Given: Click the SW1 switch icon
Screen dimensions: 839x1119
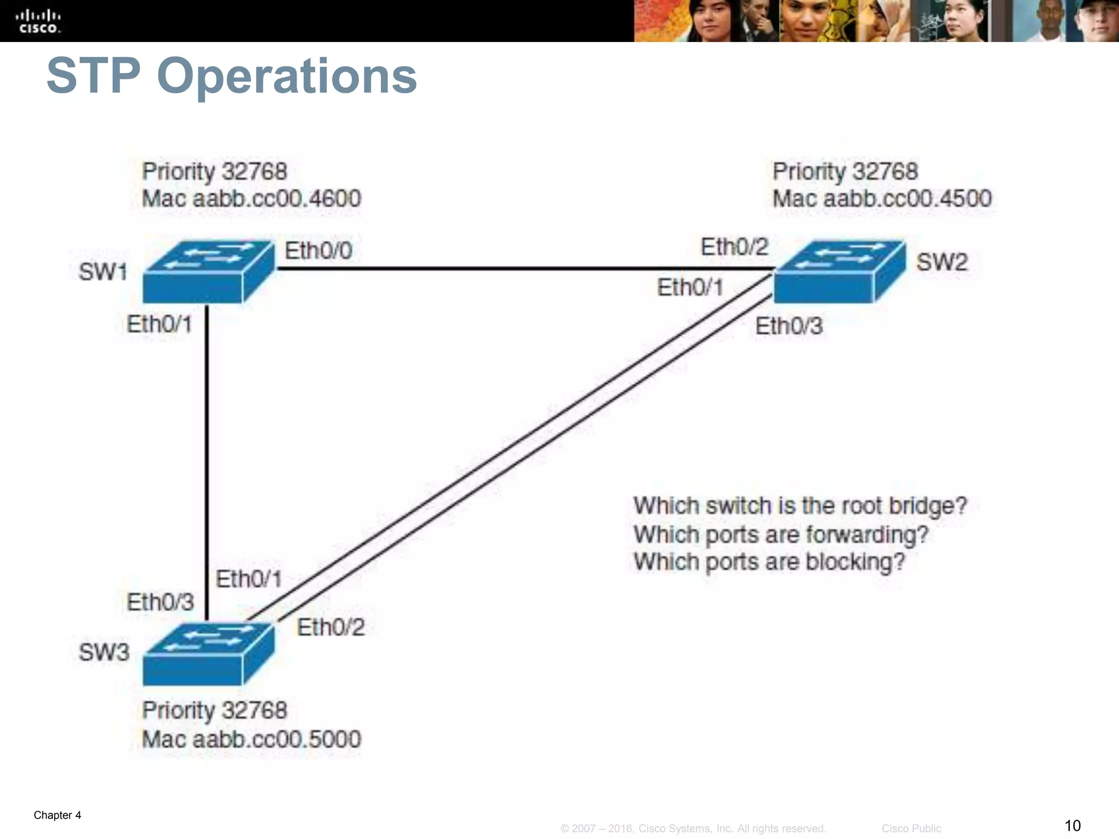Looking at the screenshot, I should [x=208, y=272].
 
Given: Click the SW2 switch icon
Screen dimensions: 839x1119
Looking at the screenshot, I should [x=839, y=271].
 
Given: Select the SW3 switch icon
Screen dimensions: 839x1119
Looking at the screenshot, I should [x=208, y=654].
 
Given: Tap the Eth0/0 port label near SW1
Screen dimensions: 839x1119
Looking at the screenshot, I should [x=319, y=251].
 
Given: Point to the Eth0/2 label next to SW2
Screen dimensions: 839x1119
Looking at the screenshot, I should [x=734, y=247].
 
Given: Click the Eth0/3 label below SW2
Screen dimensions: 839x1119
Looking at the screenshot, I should [x=788, y=326].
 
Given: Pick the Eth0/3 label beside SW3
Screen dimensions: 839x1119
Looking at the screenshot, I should [x=160, y=602].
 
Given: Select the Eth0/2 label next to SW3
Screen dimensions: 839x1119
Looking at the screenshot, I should [x=331, y=627].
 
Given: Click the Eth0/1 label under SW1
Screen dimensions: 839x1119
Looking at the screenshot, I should [x=159, y=324].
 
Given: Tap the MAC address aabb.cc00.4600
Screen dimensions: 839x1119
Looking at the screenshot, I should [x=276, y=198].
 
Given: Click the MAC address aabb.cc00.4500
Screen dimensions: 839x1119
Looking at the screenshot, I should [x=907, y=198].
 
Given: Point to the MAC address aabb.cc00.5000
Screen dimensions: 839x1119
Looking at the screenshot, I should [x=276, y=739].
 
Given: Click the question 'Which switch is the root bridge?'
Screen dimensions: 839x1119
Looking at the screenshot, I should [x=800, y=506].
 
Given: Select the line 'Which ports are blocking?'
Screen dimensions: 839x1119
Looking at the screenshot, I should [x=769, y=562].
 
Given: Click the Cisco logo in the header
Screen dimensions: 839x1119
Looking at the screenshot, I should [x=38, y=21].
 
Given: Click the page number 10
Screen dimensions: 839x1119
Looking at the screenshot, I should [x=1072, y=825].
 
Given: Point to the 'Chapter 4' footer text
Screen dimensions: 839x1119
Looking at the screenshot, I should [x=57, y=815].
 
